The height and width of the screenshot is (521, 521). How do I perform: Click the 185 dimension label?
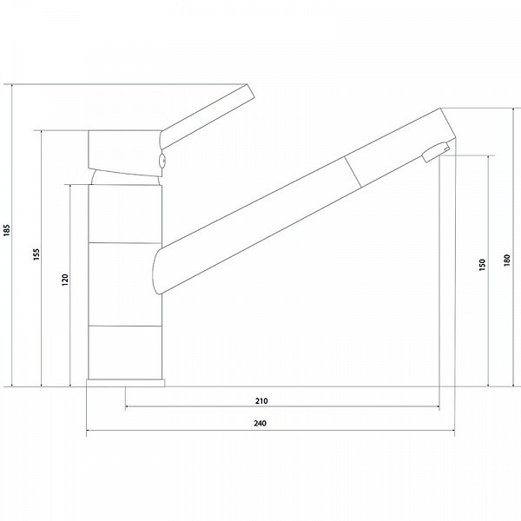point(7,230)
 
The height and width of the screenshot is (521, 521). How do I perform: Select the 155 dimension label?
point(36,254)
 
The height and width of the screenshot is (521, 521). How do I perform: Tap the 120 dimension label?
point(65,280)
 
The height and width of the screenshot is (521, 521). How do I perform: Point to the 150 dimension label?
point(482,265)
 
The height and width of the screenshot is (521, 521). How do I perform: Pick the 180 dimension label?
point(507,260)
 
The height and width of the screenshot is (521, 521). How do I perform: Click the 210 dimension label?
point(261,400)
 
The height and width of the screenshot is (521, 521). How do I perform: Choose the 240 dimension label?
point(260,424)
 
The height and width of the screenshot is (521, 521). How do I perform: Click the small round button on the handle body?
point(163,162)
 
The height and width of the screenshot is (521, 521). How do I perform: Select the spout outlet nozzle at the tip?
point(436,151)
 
